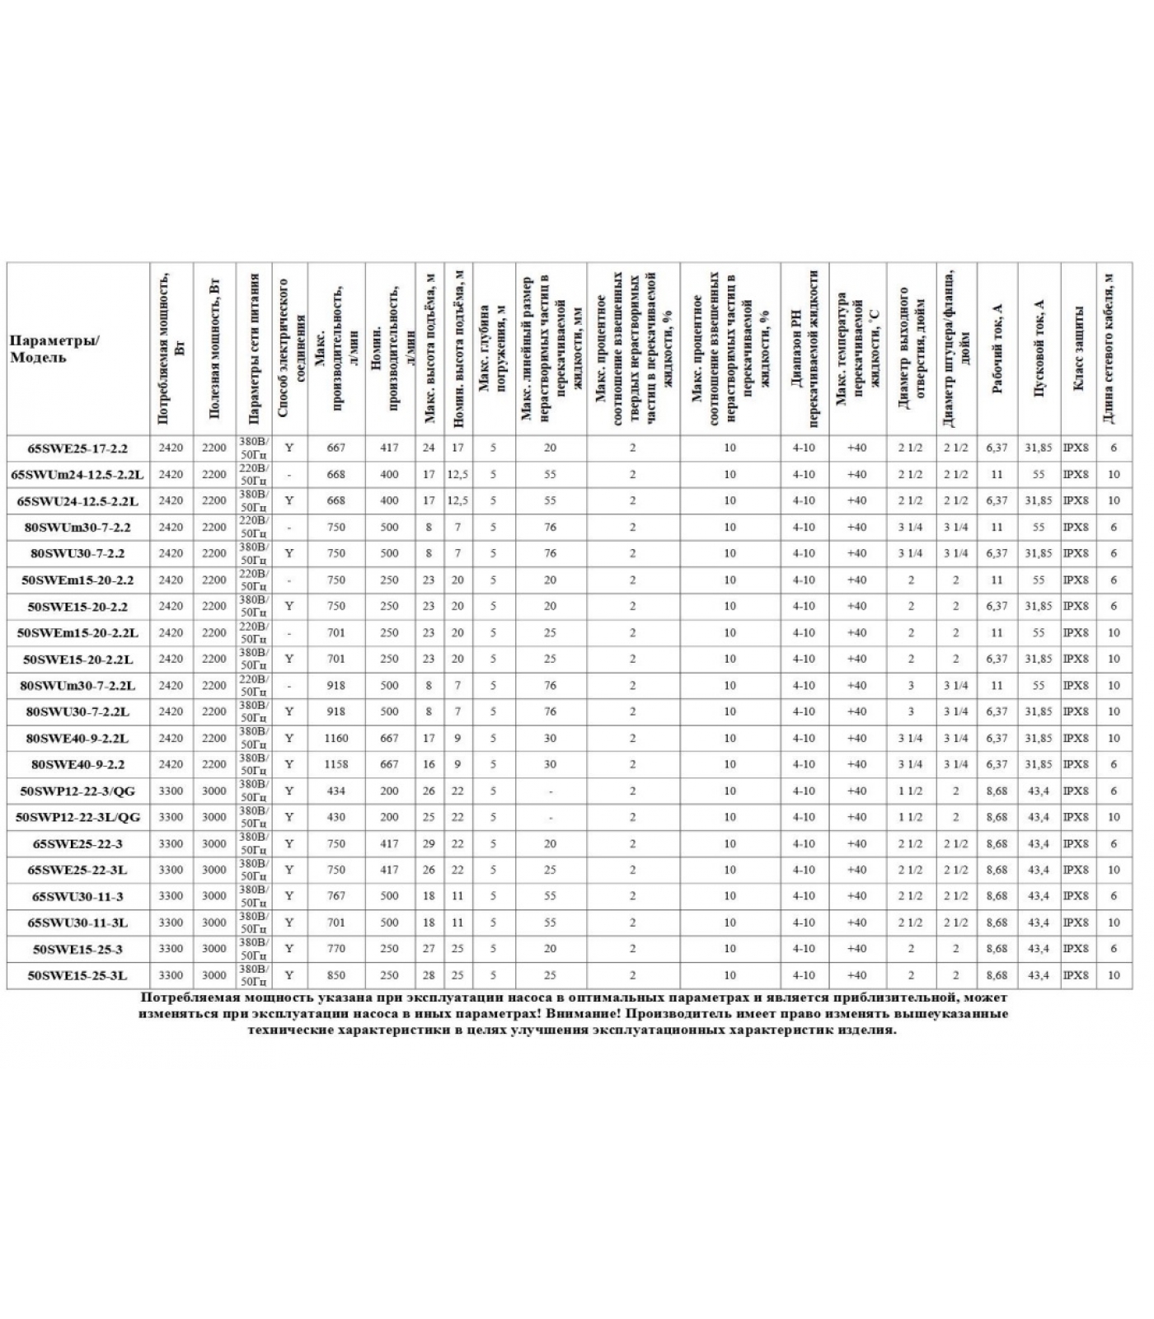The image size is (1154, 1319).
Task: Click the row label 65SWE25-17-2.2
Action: [x=77, y=448]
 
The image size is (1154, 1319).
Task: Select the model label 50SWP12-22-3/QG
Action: [x=77, y=791]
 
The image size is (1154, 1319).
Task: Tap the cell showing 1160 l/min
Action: [x=336, y=739]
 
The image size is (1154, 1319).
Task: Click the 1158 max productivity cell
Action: [x=336, y=765]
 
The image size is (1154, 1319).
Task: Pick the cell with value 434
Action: [x=336, y=791]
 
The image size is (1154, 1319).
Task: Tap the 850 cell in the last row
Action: [x=336, y=975]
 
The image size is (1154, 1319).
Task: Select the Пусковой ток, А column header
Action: [x=1039, y=349]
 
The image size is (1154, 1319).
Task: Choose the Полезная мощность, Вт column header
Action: [x=214, y=349]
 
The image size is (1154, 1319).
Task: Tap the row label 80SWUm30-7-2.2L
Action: [x=77, y=686]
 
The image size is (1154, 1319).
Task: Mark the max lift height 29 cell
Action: [x=429, y=844]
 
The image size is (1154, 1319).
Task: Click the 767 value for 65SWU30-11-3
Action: [x=336, y=896]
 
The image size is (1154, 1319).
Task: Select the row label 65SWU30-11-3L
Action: [x=77, y=923]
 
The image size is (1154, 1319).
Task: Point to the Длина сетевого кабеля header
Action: [x=1114, y=349]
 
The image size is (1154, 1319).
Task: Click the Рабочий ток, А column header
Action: [x=997, y=349]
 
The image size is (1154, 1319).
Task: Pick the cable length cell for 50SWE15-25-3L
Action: [x=1114, y=975]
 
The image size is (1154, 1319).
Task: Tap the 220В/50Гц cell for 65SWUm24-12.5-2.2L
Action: [x=254, y=475]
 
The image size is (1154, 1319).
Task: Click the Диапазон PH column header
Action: [x=805, y=349]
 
